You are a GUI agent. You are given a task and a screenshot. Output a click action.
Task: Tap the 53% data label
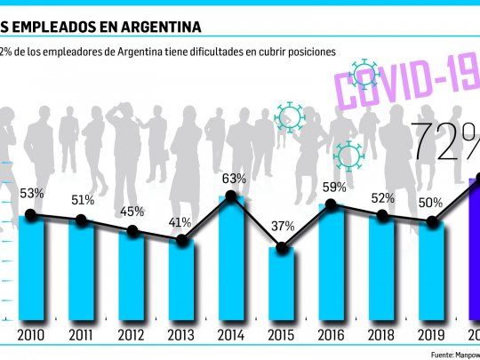tap(31, 194)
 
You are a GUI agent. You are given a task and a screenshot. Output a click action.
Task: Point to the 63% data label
tap(234, 178)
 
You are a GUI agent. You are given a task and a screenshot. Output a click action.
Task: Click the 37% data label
tap(283, 226)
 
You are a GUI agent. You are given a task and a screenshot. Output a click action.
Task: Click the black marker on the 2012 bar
tap(132, 231)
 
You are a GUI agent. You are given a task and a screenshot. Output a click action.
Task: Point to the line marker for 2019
tap(433, 223)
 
